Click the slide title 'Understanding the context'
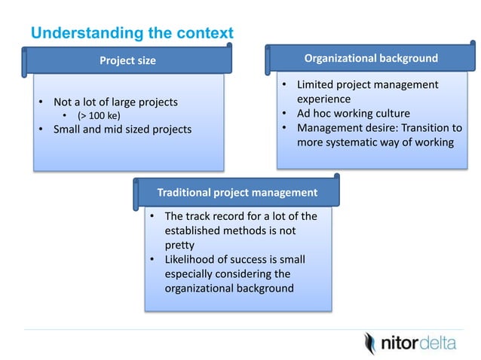(x=131, y=33)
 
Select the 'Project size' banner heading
(x=128, y=61)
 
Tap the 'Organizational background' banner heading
(x=370, y=58)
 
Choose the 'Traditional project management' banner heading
(x=237, y=192)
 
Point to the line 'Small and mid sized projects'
(x=122, y=129)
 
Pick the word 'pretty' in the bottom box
(x=181, y=245)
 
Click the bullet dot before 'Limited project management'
(x=284, y=85)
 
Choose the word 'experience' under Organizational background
(x=323, y=99)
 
